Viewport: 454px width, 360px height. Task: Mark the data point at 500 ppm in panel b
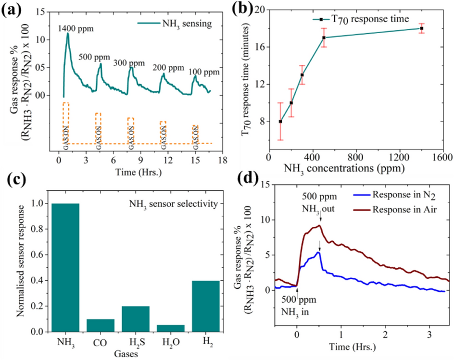(x=324, y=37)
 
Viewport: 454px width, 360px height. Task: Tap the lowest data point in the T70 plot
(x=280, y=121)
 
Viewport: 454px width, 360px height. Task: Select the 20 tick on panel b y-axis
(x=260, y=10)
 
